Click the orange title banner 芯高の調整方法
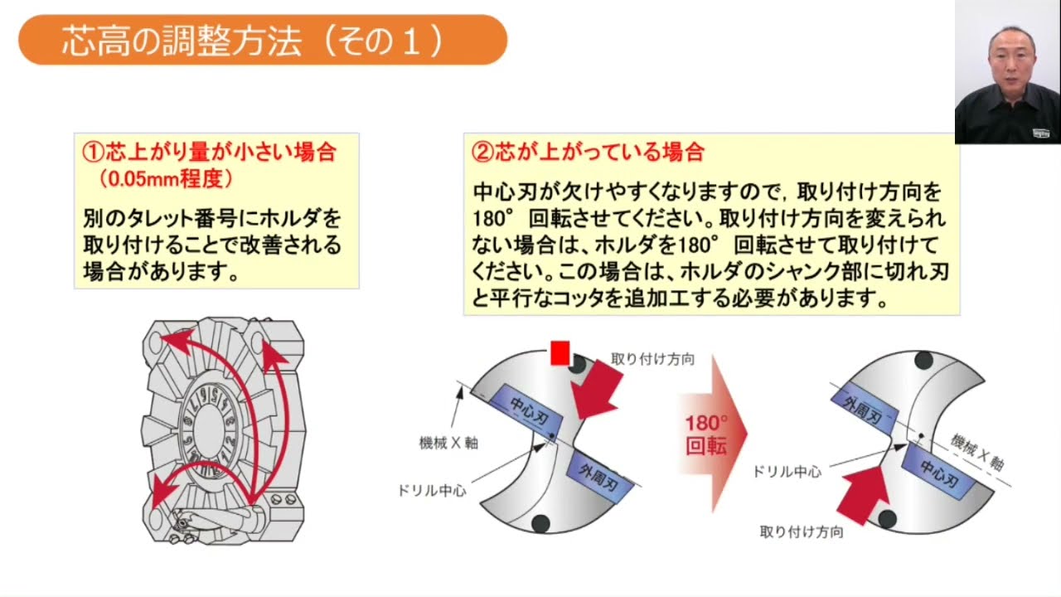pyautogui.click(x=262, y=40)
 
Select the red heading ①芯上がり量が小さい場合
pyautogui.click(x=209, y=153)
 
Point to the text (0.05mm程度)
pyautogui.click(x=166, y=178)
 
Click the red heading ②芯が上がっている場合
pyautogui.click(x=588, y=152)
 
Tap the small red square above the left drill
pyautogui.click(x=560, y=353)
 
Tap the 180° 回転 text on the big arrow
pyautogui.click(x=706, y=434)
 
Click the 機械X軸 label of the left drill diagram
pyautogui.click(x=448, y=443)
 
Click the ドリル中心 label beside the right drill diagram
pyautogui.click(x=787, y=471)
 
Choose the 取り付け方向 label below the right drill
pyautogui.click(x=802, y=532)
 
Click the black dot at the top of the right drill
pyautogui.click(x=923, y=361)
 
